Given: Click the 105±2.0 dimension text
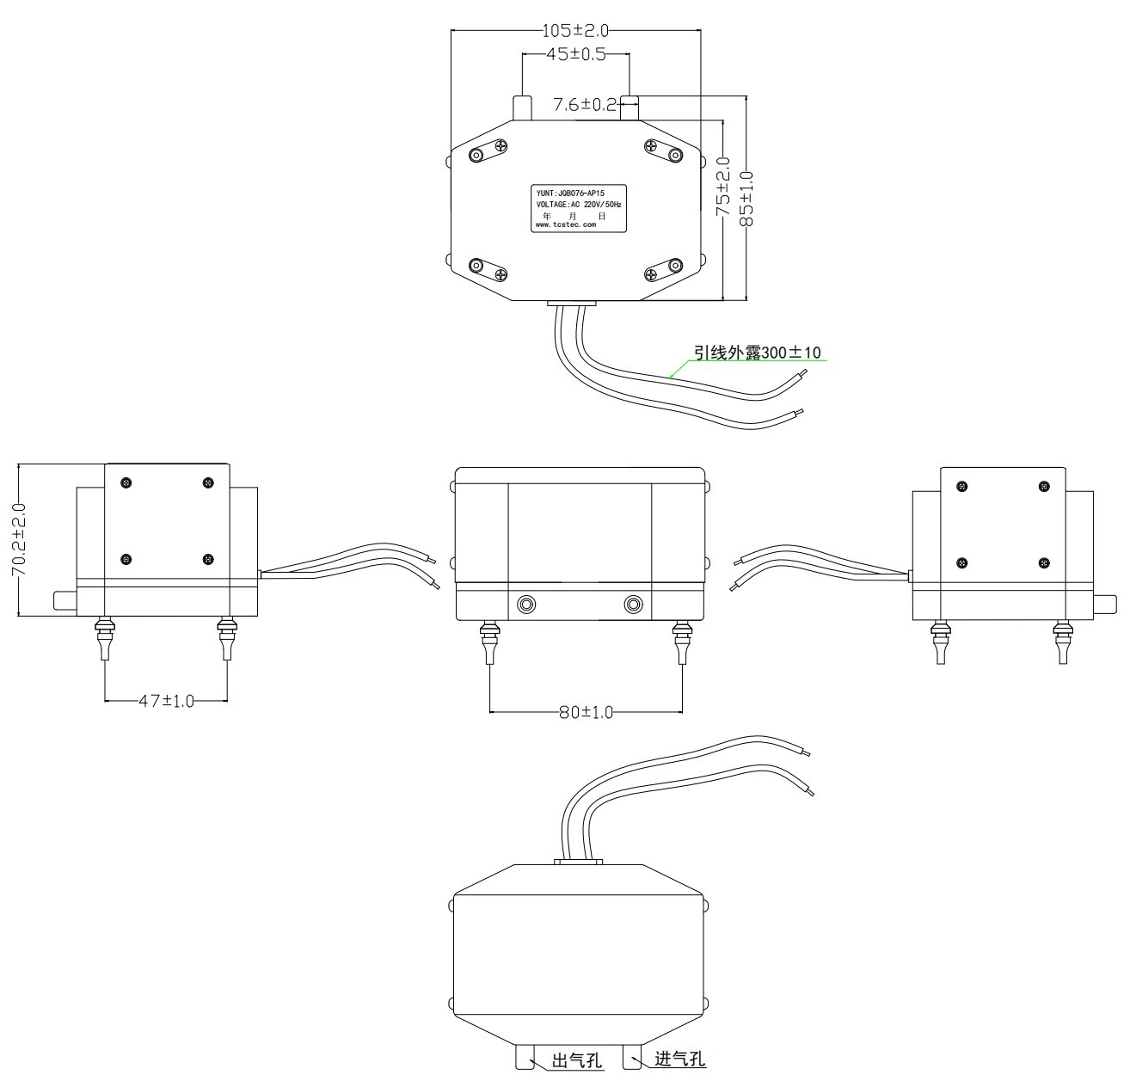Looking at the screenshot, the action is pyautogui.click(x=574, y=30).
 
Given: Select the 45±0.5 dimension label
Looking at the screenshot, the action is pyautogui.click(x=576, y=54).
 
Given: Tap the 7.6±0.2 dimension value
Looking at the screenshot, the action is pyautogui.click(x=584, y=105).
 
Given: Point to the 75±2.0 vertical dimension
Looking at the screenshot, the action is pyautogui.click(x=723, y=187).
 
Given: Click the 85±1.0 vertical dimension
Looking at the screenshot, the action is pyautogui.click(x=746, y=199).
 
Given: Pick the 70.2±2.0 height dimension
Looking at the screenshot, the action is pyautogui.click(x=19, y=539).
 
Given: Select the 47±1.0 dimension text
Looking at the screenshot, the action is pyautogui.click(x=166, y=701).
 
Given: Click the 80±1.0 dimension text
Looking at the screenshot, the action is pyautogui.click(x=586, y=712).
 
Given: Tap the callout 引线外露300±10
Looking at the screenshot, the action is pyautogui.click(x=758, y=352).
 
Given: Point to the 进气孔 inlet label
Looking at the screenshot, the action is pyautogui.click(x=680, y=1059).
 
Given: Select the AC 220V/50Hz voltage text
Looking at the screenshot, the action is pyautogui.click(x=596, y=205).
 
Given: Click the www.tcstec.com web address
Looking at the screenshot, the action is pyautogui.click(x=566, y=224).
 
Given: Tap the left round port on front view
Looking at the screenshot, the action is pyautogui.click(x=526, y=605).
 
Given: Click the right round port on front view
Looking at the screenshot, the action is pyautogui.click(x=633, y=605).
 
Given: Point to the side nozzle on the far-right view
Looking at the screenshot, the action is pyautogui.click(x=1105, y=604).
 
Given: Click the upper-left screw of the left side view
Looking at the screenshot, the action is pyautogui.click(x=126, y=482).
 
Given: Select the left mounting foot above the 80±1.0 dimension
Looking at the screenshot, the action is pyautogui.click(x=490, y=642).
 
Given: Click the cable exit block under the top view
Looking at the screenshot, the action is pyautogui.click(x=572, y=303).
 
